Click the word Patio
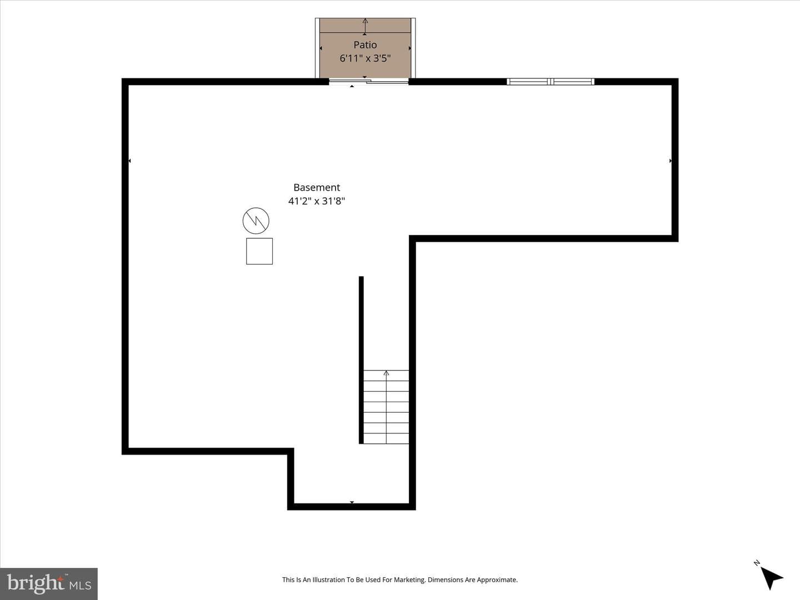coord(365,45)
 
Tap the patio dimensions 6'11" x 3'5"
coord(365,58)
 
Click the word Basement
coord(316,187)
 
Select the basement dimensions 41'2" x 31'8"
coord(316,201)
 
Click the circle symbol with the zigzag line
coord(256,221)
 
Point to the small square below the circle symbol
coord(259,251)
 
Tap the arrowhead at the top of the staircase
coord(386,373)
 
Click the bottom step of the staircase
coord(386,438)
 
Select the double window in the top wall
coord(551,82)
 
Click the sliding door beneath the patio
coord(368,82)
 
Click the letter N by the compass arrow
coord(757,563)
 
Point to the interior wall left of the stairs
coord(361,360)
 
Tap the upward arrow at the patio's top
coord(365,26)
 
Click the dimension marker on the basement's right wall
coord(670,161)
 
